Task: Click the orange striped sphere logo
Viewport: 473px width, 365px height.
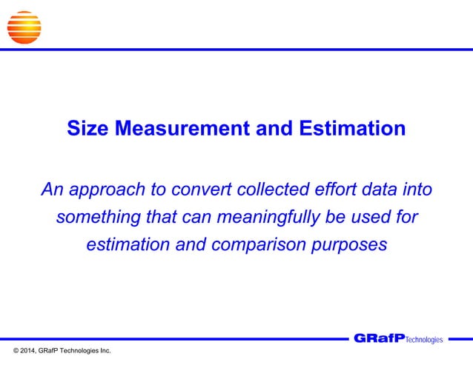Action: [x=24, y=27]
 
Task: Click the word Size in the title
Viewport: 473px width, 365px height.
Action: [x=85, y=129]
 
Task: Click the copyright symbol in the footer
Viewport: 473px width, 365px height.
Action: [x=9, y=349]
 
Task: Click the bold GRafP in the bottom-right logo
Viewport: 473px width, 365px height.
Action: [x=379, y=338]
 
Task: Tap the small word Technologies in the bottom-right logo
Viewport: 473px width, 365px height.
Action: [x=424, y=340]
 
